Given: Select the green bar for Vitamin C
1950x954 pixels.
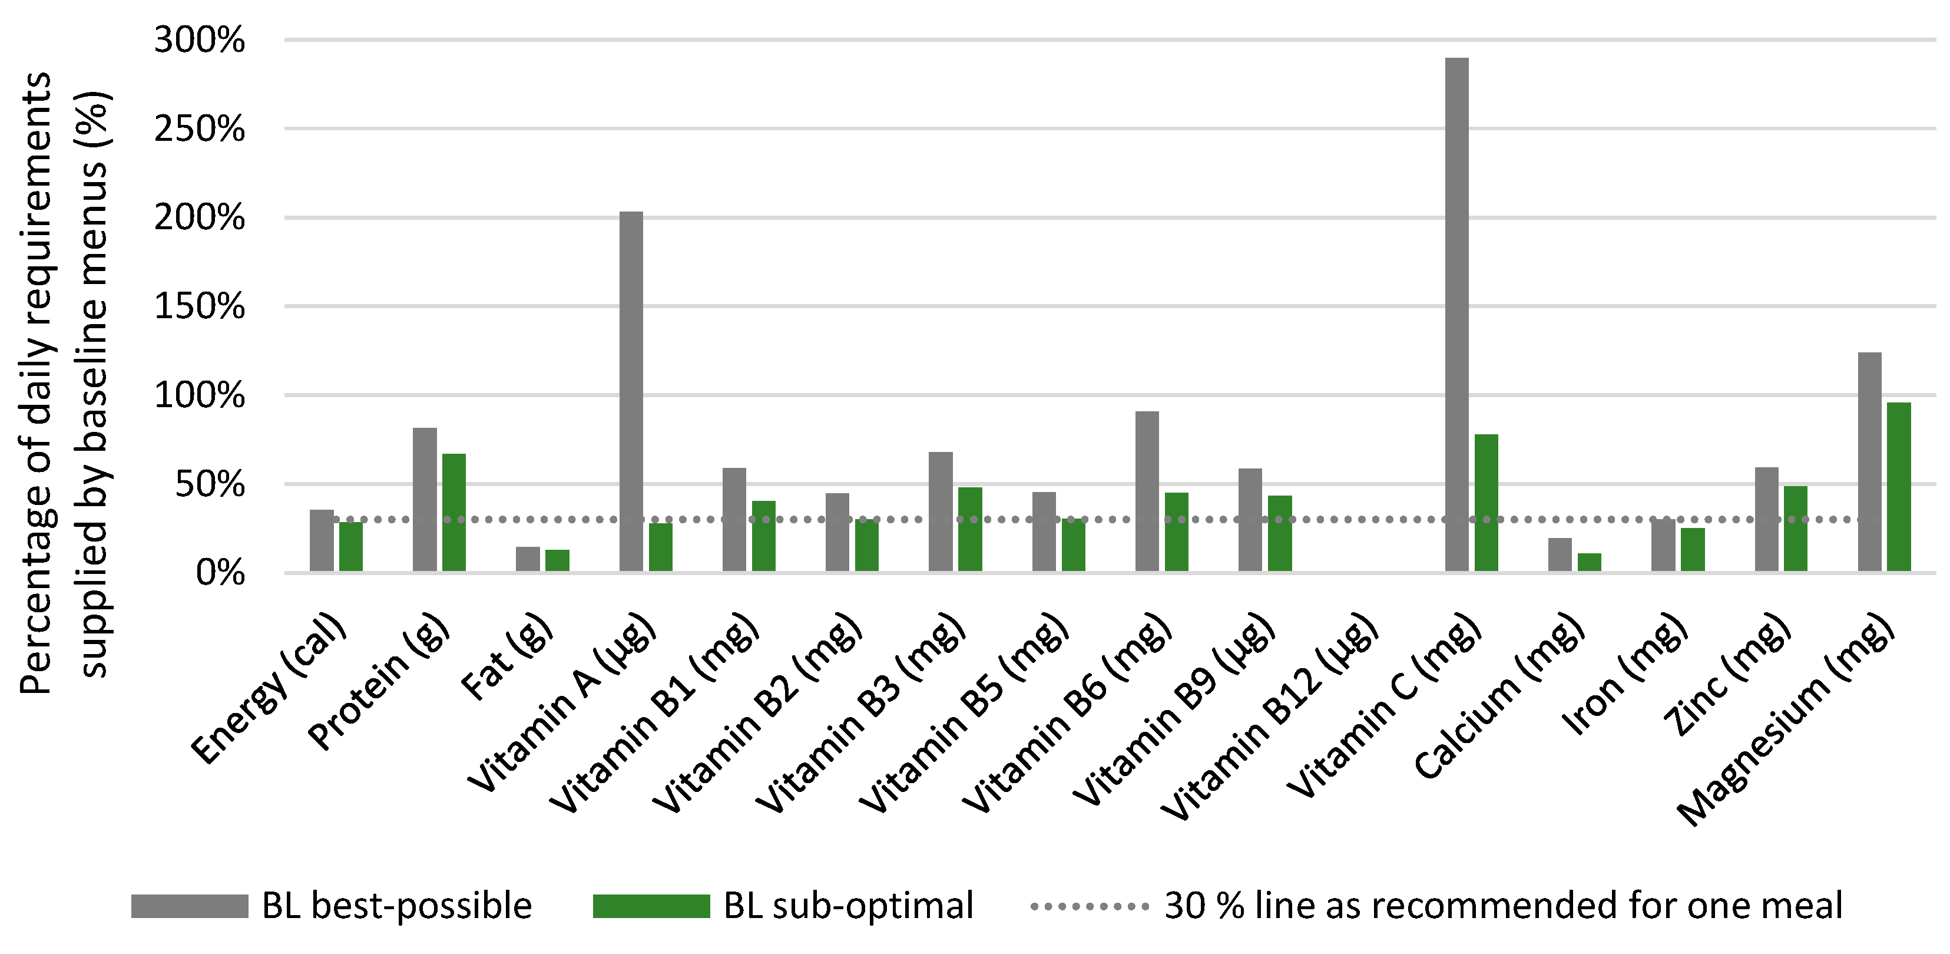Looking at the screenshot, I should coord(1486,503).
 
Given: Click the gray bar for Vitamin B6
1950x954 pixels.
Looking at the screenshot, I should coord(1147,491).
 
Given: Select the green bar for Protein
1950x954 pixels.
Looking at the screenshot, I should coord(453,513).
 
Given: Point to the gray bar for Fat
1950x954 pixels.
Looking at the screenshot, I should coord(528,559).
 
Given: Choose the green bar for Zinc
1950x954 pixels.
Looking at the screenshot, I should coord(1796,529).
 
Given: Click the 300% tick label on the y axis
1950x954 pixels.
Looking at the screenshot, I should coord(199,39).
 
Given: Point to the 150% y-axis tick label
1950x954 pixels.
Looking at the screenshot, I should coord(199,306).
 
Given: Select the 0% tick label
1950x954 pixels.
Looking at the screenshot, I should coord(220,573).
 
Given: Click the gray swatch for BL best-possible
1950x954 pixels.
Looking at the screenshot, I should coord(189,906).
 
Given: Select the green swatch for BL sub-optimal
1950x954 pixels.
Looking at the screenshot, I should coord(651,906).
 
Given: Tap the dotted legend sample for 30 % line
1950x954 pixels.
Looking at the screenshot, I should coord(1090,906).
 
